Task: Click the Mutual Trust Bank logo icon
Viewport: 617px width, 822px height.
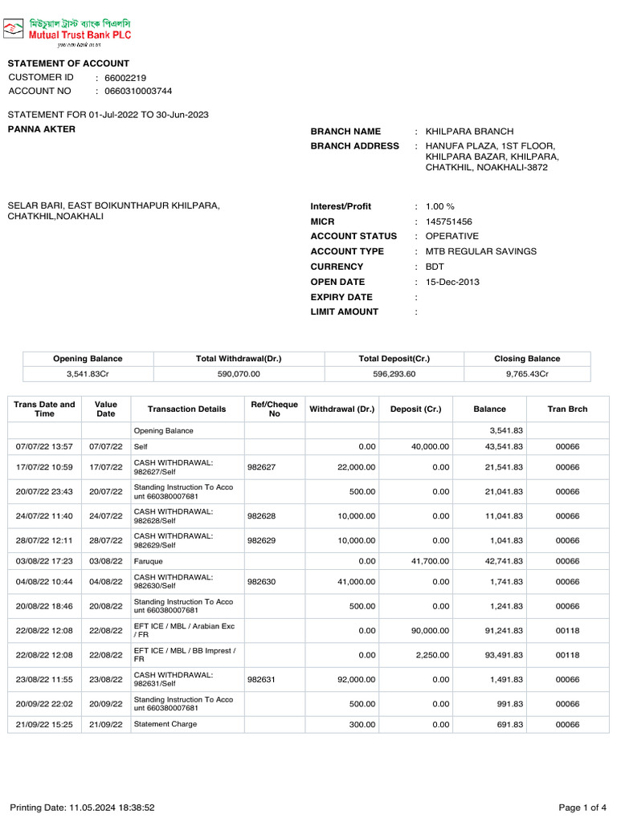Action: tap(13, 31)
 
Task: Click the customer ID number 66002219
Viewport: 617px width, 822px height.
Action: tap(125, 78)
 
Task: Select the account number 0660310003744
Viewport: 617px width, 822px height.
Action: tap(138, 92)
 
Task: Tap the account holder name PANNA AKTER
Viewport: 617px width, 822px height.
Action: tap(42, 129)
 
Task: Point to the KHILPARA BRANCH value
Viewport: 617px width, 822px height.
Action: tap(469, 132)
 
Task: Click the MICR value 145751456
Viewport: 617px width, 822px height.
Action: tap(449, 222)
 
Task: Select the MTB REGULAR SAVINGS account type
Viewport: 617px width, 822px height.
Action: tap(481, 251)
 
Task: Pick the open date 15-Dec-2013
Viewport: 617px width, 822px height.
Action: tap(452, 282)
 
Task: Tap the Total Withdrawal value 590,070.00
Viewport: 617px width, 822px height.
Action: tap(239, 374)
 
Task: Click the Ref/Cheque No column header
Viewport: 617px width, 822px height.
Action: tap(274, 409)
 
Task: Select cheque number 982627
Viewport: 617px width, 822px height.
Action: tap(261, 467)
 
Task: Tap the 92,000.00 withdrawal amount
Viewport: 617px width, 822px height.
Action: tap(356, 680)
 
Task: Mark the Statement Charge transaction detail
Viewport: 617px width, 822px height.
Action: tap(165, 724)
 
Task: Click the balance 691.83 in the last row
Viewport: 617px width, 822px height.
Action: tap(508, 725)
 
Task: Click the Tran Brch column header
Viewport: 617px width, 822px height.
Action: tap(567, 409)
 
